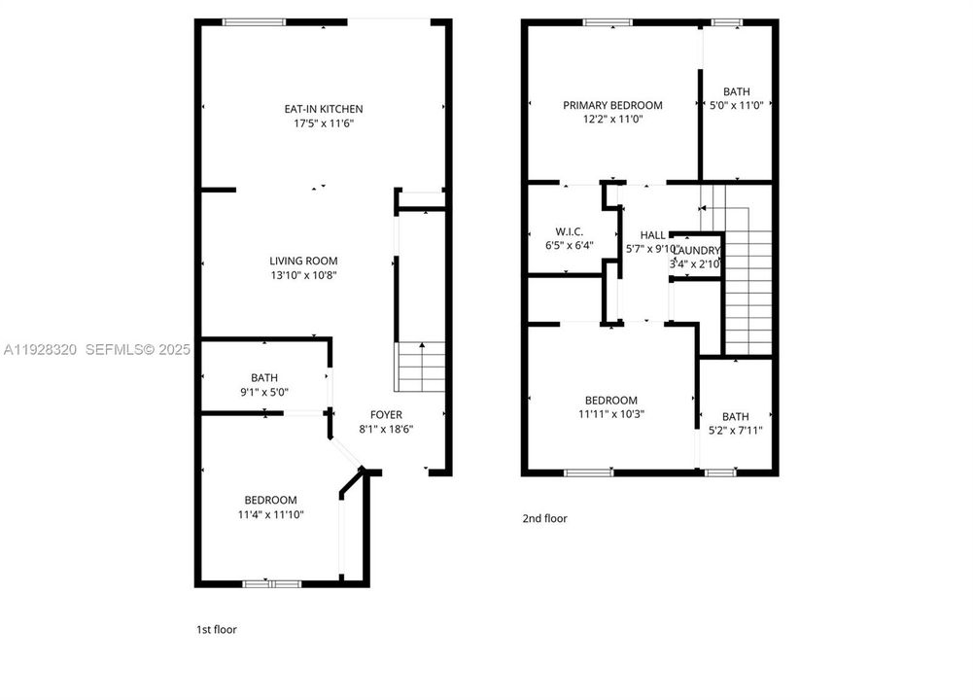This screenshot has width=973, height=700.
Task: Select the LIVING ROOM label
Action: pos(303,261)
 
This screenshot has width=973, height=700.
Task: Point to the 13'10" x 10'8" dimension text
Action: pos(303,275)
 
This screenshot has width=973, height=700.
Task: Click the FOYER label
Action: pos(386,415)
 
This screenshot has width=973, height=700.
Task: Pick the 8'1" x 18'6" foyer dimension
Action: pos(386,429)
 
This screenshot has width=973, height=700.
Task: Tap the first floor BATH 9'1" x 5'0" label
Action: pos(263,377)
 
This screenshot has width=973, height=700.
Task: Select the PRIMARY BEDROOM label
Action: pos(612,105)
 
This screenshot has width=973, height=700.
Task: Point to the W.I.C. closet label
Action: pos(569,231)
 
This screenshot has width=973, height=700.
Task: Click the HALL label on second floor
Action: pos(652,235)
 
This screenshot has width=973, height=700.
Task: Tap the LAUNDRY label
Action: pos(696,251)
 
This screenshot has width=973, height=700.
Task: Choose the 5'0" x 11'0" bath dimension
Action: pos(736,105)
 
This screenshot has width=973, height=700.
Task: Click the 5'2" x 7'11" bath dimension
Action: pos(736,430)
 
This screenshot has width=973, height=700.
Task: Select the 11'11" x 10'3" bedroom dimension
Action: pos(610,413)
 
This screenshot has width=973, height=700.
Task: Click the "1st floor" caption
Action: pos(216,629)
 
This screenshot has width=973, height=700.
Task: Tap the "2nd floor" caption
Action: pos(544,518)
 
